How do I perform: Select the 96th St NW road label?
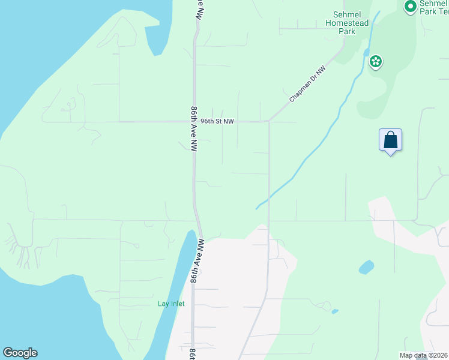pyautogui.click(x=217, y=121)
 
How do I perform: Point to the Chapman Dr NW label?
pyautogui.click(x=307, y=83)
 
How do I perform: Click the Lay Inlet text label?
pyautogui.click(x=171, y=304)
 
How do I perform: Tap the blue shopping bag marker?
pyautogui.click(x=390, y=140)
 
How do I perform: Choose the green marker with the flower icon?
pyautogui.click(x=376, y=61)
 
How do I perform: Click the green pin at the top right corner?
pyautogui.click(x=411, y=7)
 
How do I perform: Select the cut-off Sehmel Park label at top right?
pyautogui.click(x=433, y=7)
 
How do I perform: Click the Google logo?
pyautogui.click(x=20, y=353)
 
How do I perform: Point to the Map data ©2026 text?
pyautogui.click(x=423, y=355)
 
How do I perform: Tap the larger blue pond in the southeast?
pyautogui.click(x=366, y=267)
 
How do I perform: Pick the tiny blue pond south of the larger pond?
pyautogui.click(x=334, y=311)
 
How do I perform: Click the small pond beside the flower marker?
pyautogui.click(x=366, y=52)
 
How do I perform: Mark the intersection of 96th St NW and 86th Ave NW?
pyautogui.click(x=194, y=121)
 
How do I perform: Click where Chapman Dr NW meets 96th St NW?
pyautogui.click(x=269, y=121)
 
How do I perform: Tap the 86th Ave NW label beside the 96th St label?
pyautogui.click(x=194, y=128)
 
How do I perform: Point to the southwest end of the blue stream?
pyautogui.click(x=257, y=208)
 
